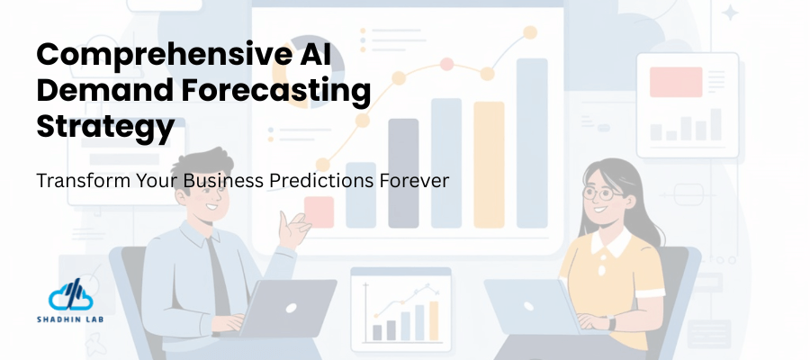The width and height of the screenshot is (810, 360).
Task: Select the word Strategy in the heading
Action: point(105,126)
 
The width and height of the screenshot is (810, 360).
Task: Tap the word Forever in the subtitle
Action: point(418,180)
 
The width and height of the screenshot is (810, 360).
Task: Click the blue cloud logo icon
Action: point(69,296)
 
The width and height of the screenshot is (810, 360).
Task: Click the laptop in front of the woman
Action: point(532,306)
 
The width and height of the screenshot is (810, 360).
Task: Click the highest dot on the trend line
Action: point(530,32)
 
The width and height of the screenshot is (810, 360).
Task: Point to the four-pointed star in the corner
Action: point(731,13)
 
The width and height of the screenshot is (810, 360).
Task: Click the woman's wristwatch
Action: point(612,321)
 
